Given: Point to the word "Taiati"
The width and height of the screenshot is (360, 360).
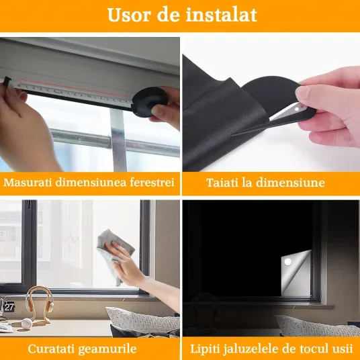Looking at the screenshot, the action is click(x=222, y=183).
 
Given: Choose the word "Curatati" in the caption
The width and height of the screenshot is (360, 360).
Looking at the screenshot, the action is click(x=52, y=349).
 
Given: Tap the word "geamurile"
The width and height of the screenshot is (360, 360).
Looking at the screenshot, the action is click(x=107, y=349).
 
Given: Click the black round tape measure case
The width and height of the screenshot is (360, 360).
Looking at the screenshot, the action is click(x=149, y=101).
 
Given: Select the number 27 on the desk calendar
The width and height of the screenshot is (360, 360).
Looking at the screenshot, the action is click(x=9, y=307).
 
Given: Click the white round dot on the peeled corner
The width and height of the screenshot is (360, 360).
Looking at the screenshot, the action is click(x=288, y=262).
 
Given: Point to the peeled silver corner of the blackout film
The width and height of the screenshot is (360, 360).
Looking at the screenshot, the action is click(x=296, y=273).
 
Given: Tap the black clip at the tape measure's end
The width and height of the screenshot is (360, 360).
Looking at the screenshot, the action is click(x=7, y=82).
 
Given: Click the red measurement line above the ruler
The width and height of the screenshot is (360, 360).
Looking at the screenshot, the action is click(x=73, y=88).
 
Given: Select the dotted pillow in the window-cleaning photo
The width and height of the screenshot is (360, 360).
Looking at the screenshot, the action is click(x=143, y=320).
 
